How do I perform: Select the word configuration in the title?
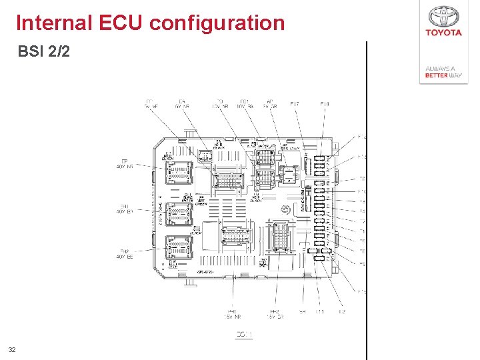pos(217,23)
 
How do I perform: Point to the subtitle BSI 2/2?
pos(43,51)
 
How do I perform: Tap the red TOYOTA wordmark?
pos(443,33)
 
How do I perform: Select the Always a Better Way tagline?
pos(443,72)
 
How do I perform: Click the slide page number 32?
pos(11,349)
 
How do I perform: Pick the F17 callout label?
pos(295,104)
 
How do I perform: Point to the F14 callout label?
pos(325,104)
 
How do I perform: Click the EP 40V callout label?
pos(125,163)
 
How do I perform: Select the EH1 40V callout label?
pos(125,209)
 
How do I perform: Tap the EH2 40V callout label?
pos(125,254)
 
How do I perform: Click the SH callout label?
pos(303,311)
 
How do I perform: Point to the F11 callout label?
pos(320,311)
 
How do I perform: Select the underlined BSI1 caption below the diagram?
pos(244,335)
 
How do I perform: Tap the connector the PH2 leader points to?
pos(280,237)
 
